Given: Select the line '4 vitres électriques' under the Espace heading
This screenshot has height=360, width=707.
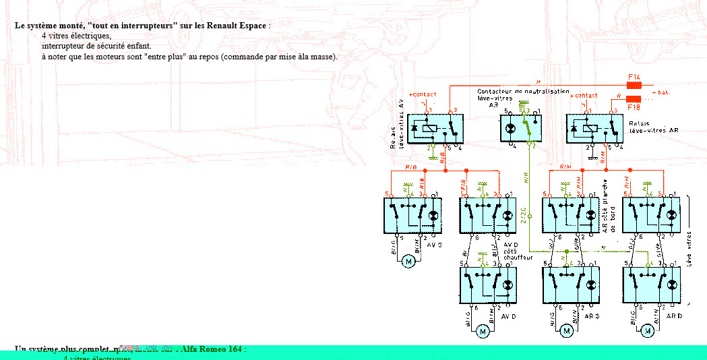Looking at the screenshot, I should pos(76,36).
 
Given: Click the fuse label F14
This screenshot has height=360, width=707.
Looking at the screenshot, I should pos(634,78).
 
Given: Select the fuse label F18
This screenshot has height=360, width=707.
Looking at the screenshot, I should pos(634,107).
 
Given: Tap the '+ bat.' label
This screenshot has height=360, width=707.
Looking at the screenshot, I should pos(661,92).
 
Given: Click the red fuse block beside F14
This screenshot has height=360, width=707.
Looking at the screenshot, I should pos(634,86).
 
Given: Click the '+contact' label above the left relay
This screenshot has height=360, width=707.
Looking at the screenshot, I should pos(423,94).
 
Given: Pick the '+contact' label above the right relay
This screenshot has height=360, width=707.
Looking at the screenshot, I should pos(584,96).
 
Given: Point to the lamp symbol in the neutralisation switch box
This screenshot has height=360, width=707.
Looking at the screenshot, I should pos(511,127).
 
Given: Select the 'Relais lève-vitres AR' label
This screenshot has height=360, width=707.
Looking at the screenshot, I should pos(654,127).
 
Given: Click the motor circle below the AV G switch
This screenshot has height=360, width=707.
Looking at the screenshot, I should pos(408,262).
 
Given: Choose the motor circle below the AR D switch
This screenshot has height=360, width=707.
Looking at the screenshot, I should pos(648,330).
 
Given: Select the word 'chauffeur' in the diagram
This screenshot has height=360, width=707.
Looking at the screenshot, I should pos(518,258).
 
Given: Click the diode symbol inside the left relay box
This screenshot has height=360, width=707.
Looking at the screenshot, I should pos(413,127).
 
